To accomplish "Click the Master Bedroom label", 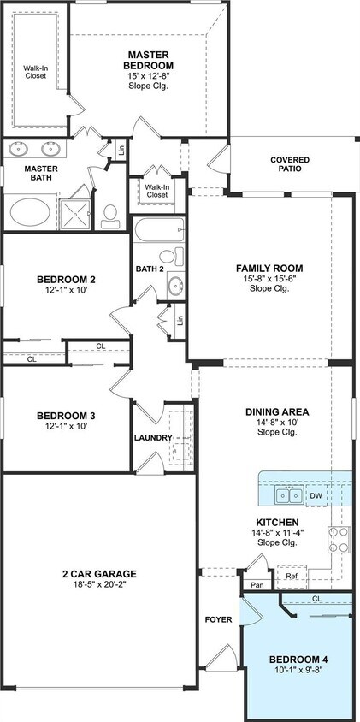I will pyautogui.click(x=149, y=60).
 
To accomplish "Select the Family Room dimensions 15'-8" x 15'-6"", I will pyautogui.click(x=269, y=278).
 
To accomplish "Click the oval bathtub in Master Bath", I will pyautogui.click(x=32, y=210).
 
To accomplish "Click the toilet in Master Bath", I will pyautogui.click(x=110, y=212).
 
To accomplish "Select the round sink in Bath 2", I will pyautogui.click(x=174, y=286).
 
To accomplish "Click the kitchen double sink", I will pyautogui.click(x=287, y=495).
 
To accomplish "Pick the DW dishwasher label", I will pyautogui.click(x=316, y=495).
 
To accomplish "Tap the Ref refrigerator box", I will pyautogui.click(x=292, y=577).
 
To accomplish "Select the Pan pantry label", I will pyautogui.click(x=257, y=585).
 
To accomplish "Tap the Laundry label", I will pyautogui.click(x=153, y=438).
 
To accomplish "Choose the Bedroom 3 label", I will pyautogui.click(x=65, y=417).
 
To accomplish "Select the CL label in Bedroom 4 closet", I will pyautogui.click(x=316, y=599).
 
